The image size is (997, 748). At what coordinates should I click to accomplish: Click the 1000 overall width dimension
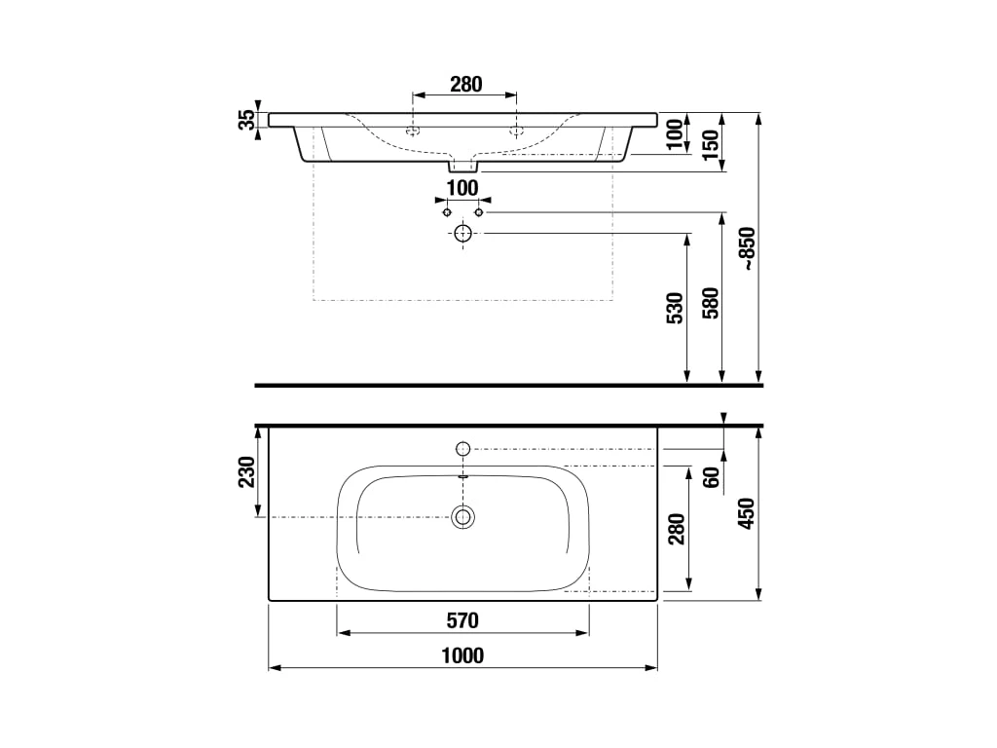(462, 655)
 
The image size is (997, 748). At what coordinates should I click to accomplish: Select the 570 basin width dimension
(462, 620)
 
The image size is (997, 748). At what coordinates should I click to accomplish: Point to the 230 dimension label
(246, 472)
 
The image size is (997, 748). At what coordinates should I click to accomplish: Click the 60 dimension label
(712, 477)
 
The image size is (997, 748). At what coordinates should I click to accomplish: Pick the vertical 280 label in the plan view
(677, 529)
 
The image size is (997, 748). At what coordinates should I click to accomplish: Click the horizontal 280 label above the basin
(466, 84)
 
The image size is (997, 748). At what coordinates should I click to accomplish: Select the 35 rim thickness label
(246, 120)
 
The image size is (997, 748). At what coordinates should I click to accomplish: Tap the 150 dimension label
(712, 144)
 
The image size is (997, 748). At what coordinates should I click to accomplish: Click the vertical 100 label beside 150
(677, 134)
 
